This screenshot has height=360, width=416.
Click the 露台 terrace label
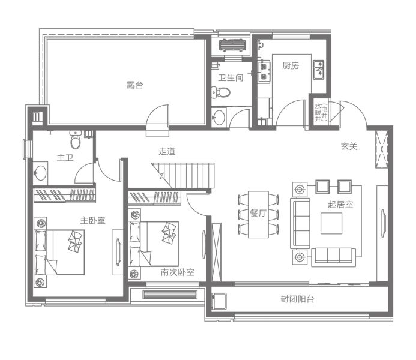point(135,85)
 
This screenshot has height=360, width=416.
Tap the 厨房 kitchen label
point(291,65)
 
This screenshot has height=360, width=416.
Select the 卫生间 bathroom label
point(231,78)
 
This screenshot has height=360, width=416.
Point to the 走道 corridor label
point(167,151)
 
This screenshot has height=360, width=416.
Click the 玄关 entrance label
point(349,146)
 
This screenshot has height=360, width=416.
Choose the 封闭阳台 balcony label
point(297,299)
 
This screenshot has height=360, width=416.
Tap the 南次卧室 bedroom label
point(178,272)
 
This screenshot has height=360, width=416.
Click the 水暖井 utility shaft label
point(318,113)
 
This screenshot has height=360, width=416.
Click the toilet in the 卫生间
point(221,92)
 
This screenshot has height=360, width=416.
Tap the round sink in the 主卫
point(41,173)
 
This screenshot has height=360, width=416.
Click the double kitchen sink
point(318,70)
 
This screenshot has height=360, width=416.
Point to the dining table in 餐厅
point(258,214)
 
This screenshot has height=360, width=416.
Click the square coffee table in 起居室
point(331,223)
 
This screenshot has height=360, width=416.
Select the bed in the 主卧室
point(59,252)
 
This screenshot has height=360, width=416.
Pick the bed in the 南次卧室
point(154,244)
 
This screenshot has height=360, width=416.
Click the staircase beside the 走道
point(183,175)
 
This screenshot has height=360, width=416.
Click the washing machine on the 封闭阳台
point(219,301)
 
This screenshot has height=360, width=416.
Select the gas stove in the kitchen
point(264,71)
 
